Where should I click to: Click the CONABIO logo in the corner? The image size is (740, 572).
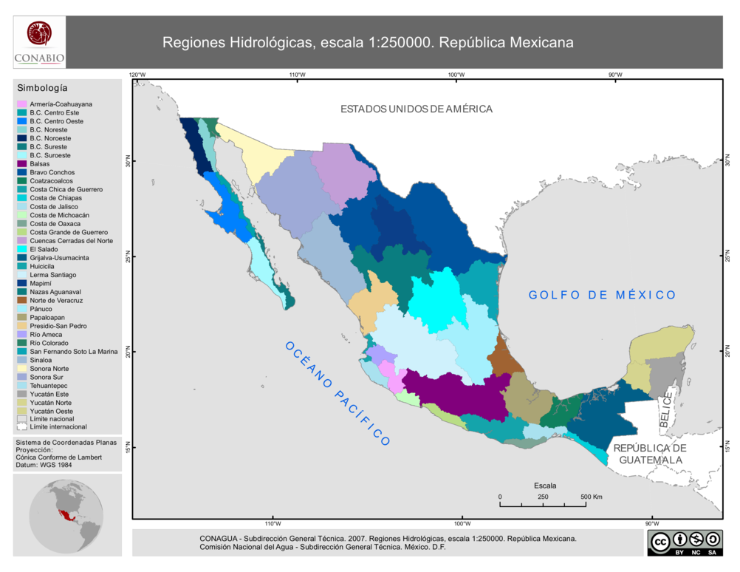pyautogui.click(x=39, y=42)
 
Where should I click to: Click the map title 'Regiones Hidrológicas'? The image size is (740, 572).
pyautogui.click(x=368, y=42)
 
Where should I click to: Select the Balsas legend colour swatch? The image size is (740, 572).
pyautogui.click(x=22, y=164)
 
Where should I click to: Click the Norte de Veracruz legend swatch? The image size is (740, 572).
pyautogui.click(x=22, y=301)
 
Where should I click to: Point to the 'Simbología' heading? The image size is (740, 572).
pyautogui.click(x=42, y=88)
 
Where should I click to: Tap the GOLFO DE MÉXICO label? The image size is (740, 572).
pyautogui.click(x=602, y=295)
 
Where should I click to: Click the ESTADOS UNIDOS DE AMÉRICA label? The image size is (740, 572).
pyautogui.click(x=416, y=109)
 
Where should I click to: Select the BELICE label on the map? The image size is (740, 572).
pyautogui.click(x=665, y=409)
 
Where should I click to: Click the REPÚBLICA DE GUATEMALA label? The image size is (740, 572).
pyautogui.click(x=650, y=454)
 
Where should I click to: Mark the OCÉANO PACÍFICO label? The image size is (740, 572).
pyautogui.click(x=337, y=393)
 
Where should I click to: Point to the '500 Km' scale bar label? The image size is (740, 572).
pyautogui.click(x=592, y=497)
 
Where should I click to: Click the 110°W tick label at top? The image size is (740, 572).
pyautogui.click(x=297, y=75)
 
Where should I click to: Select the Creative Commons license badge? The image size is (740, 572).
pyautogui.click(x=684, y=542)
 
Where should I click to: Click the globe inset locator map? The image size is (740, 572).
pyautogui.click(x=67, y=514)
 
